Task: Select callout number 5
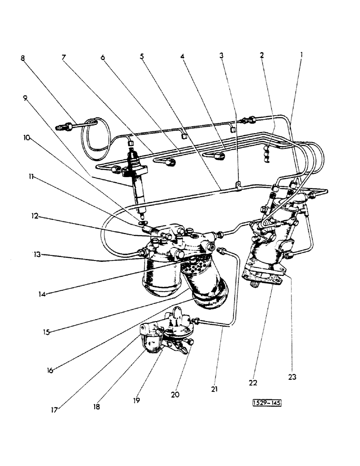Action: click(141, 56)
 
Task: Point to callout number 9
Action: click(25, 98)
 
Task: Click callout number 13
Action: click(36, 254)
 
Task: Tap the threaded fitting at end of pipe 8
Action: click(63, 126)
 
